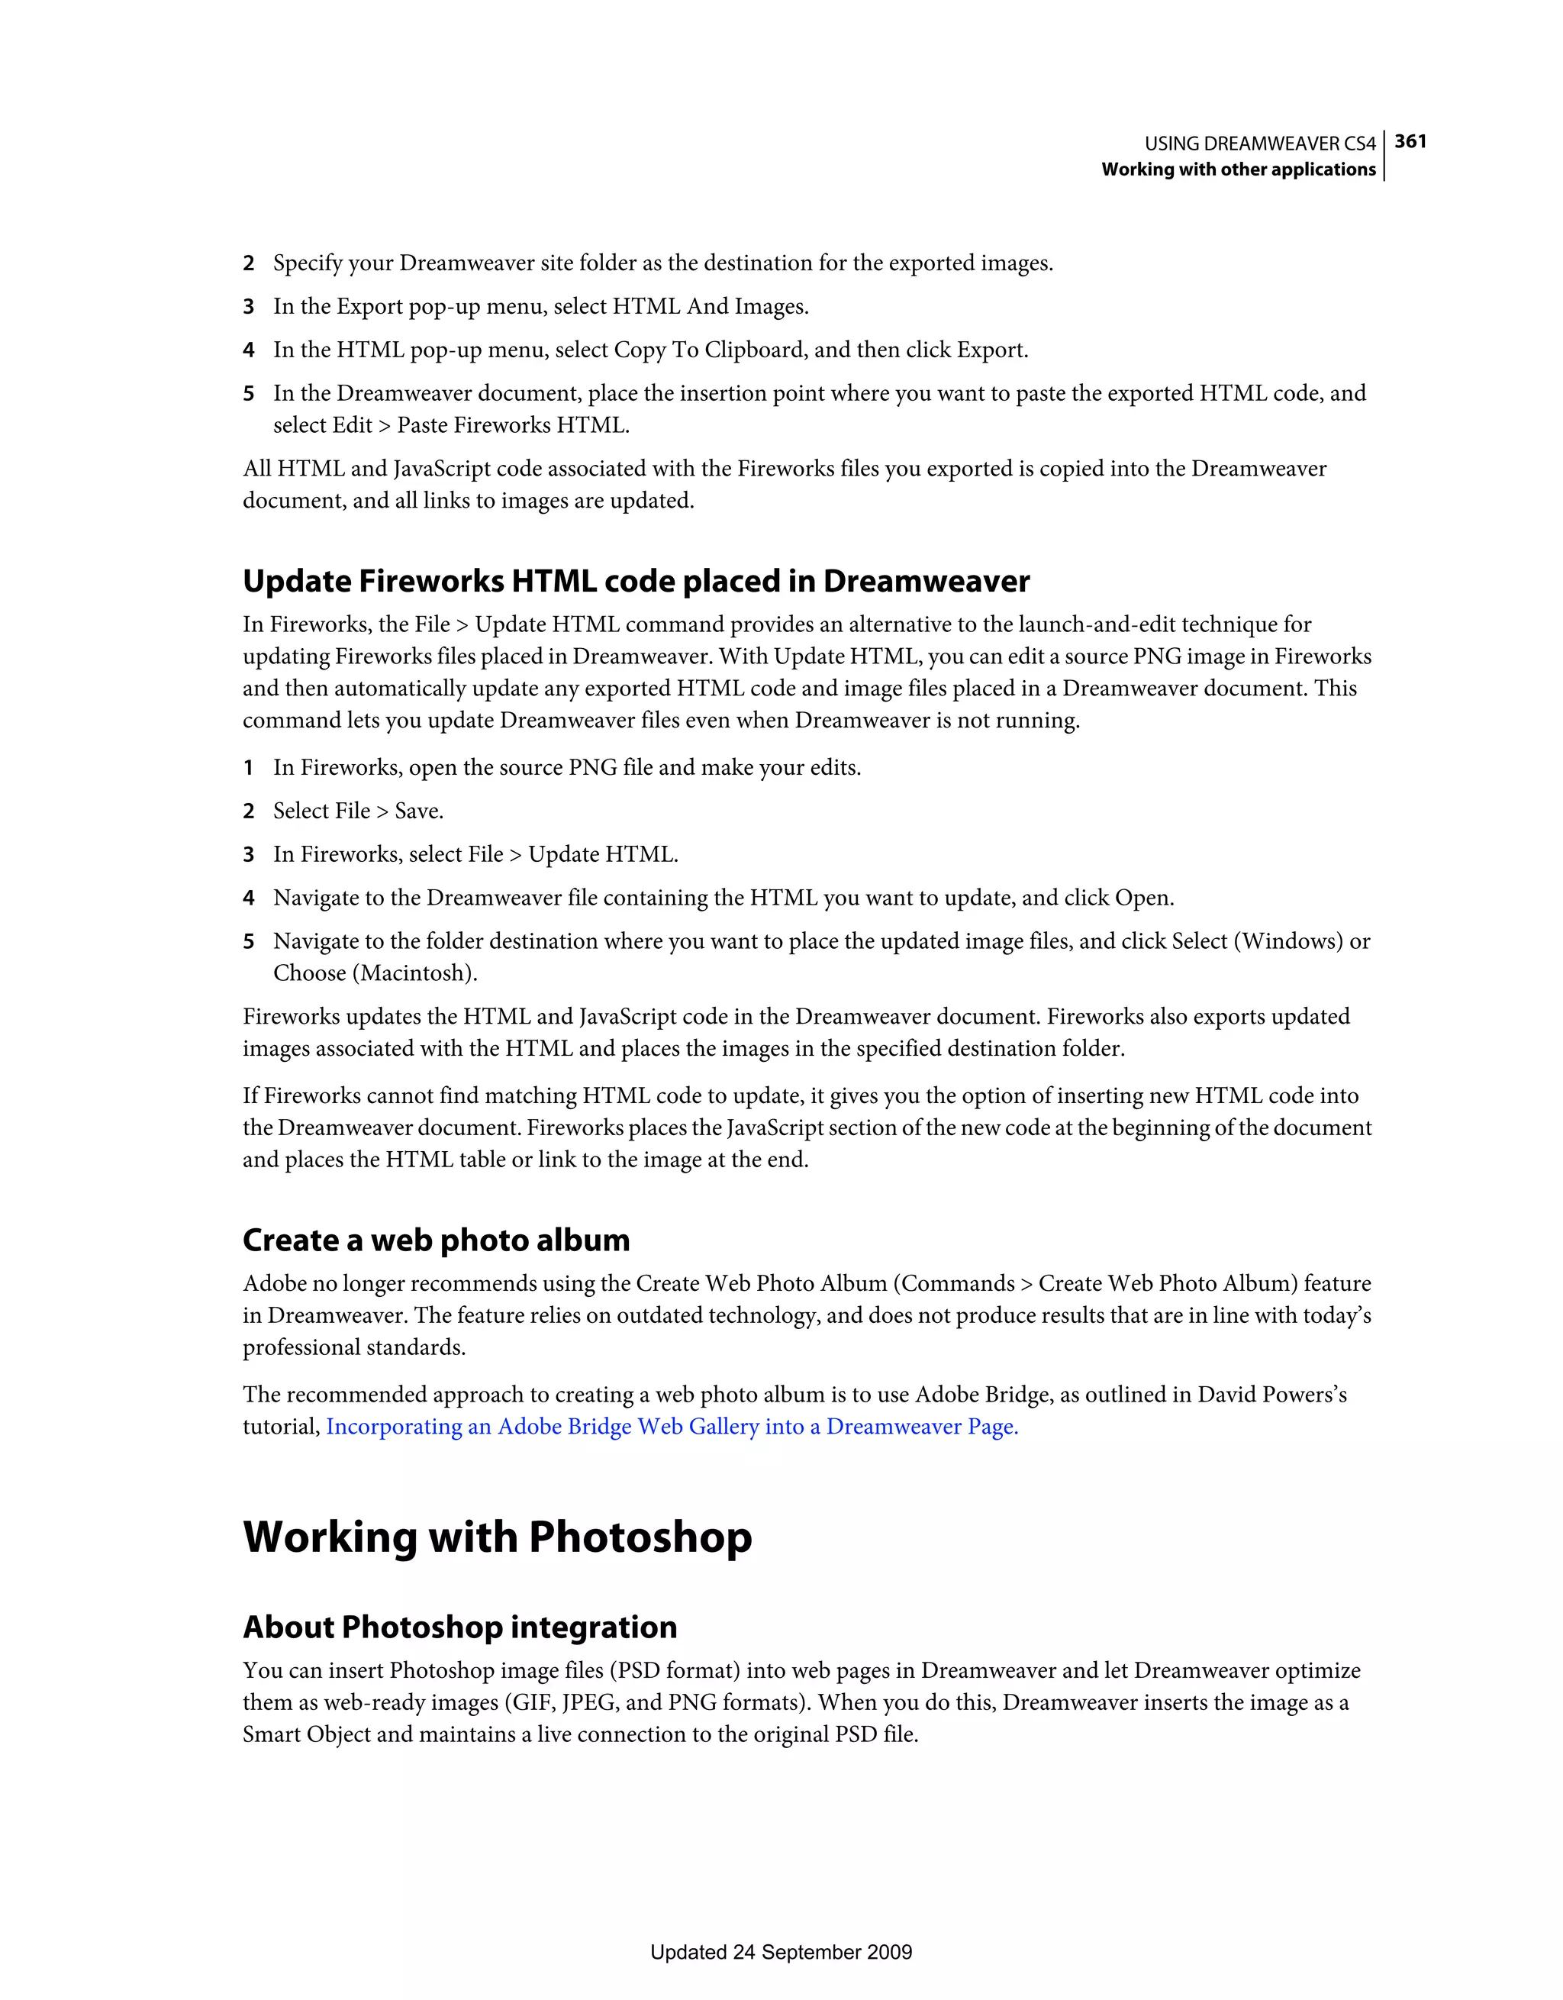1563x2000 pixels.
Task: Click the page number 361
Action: coord(1410,141)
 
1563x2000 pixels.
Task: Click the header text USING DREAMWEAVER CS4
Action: coord(1259,144)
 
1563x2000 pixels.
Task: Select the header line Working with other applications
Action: coord(1238,169)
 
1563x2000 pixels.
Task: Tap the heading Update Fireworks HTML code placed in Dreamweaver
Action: coord(636,582)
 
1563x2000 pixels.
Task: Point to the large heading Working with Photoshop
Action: coord(497,1537)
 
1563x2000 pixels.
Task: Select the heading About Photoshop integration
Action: coord(459,1627)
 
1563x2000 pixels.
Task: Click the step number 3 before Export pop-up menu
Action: coord(248,307)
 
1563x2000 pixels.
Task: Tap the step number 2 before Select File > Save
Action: coord(248,811)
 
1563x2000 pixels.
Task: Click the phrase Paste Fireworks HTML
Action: coord(513,426)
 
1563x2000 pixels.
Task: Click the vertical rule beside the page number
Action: coord(1384,156)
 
